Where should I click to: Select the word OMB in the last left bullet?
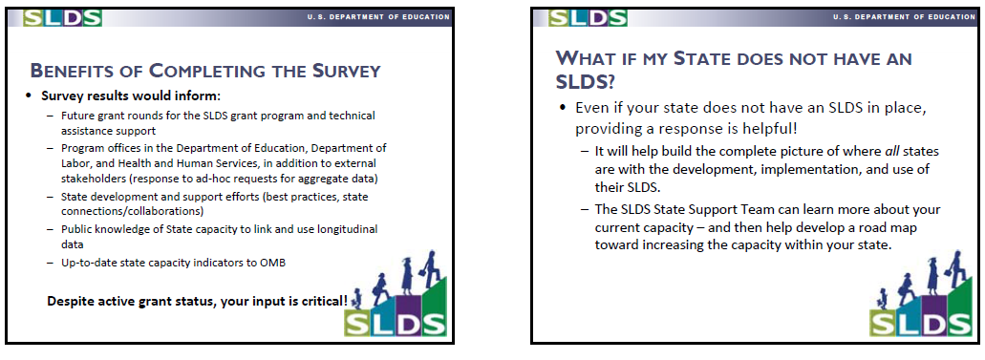pos(274,263)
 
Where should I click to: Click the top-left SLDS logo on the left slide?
pos(62,17)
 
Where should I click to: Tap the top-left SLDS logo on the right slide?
pos(588,17)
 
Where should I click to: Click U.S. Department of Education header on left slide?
pos(378,17)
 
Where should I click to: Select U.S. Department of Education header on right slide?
pos(904,17)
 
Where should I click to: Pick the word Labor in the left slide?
pos(75,163)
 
